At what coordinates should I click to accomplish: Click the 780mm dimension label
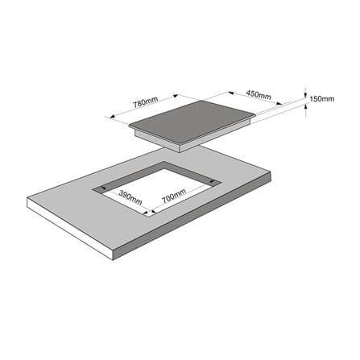point(146,101)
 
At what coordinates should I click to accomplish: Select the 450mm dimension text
point(259,94)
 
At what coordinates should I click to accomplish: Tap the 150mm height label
point(322,99)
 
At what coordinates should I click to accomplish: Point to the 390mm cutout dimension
point(130,197)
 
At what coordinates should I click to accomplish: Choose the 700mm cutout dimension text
point(174,196)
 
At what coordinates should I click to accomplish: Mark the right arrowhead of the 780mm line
point(176,95)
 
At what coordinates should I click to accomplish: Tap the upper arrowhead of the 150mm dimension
point(305,94)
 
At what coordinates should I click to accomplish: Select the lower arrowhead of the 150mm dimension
point(305,107)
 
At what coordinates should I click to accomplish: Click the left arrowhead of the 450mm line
point(230,93)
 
